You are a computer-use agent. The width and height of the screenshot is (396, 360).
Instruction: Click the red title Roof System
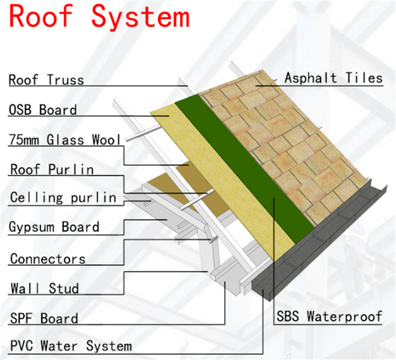coord(99,17)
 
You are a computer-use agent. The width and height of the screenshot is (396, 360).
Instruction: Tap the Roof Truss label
coord(46,80)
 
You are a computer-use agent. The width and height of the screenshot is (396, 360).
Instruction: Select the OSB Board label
coord(43,110)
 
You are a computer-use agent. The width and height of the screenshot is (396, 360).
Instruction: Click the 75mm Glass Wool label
coord(64,139)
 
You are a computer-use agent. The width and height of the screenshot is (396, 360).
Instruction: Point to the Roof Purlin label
coord(52,169)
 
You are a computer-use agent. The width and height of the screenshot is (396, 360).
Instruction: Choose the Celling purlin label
coord(63,197)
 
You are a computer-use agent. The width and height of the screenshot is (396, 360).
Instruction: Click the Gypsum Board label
coord(54,226)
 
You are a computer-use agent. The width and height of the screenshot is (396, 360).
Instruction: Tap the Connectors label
coord(48,259)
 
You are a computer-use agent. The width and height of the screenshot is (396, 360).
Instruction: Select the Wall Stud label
coord(45,288)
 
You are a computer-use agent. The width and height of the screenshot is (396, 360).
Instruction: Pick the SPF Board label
coord(44,318)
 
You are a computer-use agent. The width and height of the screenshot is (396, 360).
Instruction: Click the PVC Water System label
coord(71,346)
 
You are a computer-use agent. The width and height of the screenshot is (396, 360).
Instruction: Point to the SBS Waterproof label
coord(329,316)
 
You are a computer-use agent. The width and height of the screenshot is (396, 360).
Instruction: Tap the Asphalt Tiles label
coord(334,78)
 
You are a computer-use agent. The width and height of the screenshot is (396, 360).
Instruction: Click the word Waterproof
coord(344,316)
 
